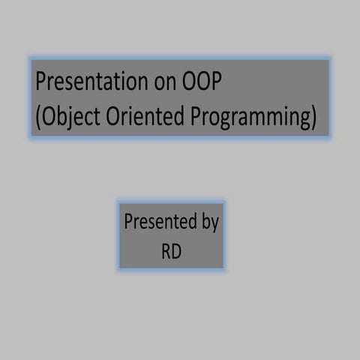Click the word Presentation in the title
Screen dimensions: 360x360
[82, 82]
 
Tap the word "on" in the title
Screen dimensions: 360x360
[151, 82]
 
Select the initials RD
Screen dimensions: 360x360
[172, 251]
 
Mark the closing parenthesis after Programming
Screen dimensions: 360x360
[313, 118]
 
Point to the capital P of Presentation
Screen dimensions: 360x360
[41, 82]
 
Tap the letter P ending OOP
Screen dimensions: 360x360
[215, 82]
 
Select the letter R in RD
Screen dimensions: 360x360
[166, 251]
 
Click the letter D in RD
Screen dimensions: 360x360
[176, 251]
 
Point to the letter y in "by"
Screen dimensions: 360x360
[214, 224]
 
